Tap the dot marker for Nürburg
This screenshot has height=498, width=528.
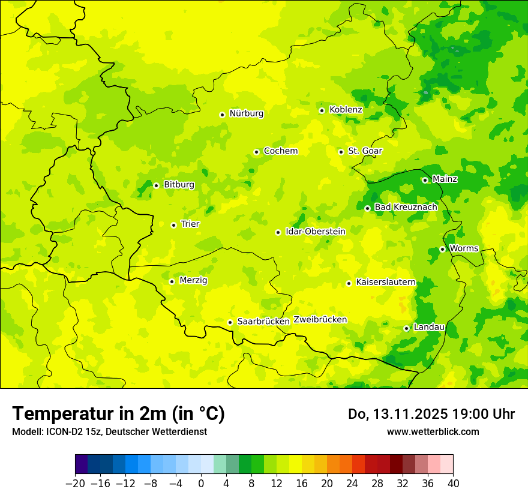click(222, 115)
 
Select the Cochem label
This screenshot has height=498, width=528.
click(280, 151)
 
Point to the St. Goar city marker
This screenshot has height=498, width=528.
click(341, 152)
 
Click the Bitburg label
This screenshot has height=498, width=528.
click(179, 185)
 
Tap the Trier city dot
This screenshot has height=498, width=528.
click(173, 225)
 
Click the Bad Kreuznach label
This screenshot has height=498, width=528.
click(406, 208)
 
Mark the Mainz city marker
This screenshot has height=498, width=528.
click(425, 180)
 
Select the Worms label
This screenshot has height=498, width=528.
click(463, 248)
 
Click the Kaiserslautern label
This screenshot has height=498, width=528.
click(385, 282)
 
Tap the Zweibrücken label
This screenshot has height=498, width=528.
click(320, 320)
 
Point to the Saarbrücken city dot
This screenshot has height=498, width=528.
click(230, 323)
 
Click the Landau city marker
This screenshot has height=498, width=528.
click(406, 328)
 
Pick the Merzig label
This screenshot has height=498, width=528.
click(193, 280)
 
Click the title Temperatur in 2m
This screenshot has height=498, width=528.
click(118, 413)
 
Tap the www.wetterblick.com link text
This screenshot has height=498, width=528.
click(433, 431)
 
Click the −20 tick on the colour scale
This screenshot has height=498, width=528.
click(75, 484)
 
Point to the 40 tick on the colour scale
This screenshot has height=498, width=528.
click(453, 484)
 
